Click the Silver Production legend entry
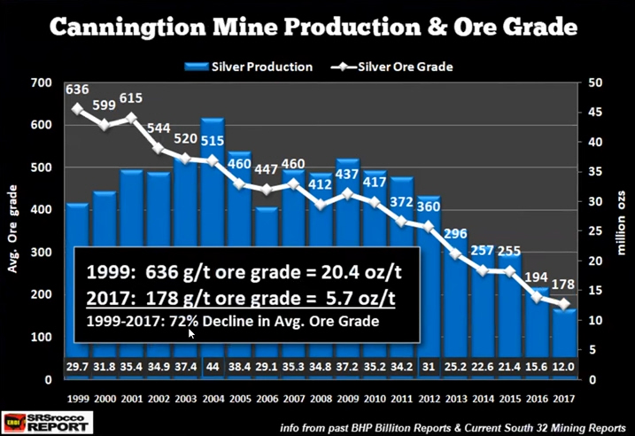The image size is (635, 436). pyautogui.click(x=249, y=66)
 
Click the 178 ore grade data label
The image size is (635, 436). pyautogui.click(x=561, y=285)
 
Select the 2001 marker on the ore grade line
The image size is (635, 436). pyautogui.click(x=132, y=117)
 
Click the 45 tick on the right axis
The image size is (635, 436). pyautogui.click(x=585, y=113)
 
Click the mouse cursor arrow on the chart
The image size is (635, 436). pyautogui.click(x=191, y=333)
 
